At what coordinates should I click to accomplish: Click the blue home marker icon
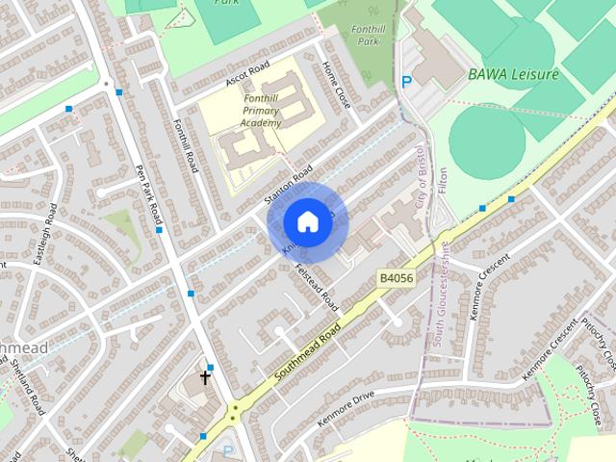307,221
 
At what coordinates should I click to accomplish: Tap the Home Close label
338,86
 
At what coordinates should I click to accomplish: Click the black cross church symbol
205,377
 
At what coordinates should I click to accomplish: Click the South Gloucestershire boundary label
439,279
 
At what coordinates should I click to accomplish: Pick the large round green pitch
488,137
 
